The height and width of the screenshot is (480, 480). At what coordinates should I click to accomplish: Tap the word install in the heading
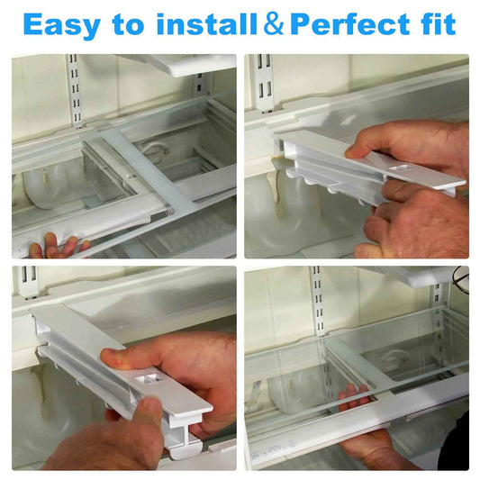[x=206, y=24]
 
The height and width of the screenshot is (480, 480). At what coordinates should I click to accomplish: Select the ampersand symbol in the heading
[x=274, y=23]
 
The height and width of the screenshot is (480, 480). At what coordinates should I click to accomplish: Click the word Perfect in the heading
[x=350, y=24]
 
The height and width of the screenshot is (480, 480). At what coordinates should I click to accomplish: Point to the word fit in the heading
[x=439, y=23]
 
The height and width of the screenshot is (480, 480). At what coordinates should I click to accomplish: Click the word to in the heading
[x=128, y=24]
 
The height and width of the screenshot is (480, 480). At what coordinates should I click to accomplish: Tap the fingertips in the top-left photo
[x=59, y=244]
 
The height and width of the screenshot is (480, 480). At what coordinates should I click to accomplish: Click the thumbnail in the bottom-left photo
[x=109, y=356]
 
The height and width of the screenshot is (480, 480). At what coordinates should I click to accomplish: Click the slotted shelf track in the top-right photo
[x=264, y=83]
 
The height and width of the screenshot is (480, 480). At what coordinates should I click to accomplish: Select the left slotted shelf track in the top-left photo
[x=75, y=91]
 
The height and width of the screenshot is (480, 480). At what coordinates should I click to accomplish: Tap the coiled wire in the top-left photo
[x=155, y=149]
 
